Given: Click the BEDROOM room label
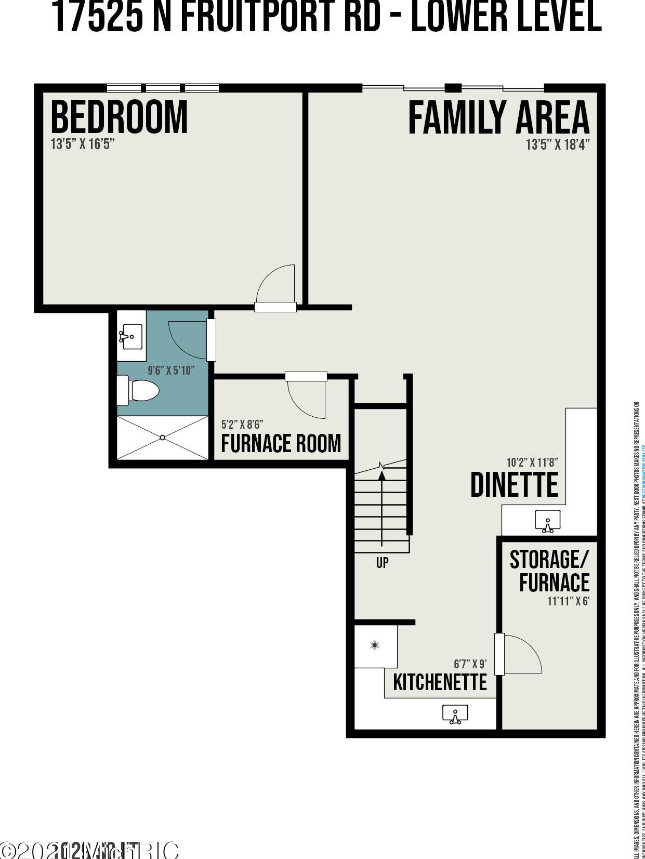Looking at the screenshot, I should click(x=119, y=117).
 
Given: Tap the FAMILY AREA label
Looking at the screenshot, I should click(x=498, y=118).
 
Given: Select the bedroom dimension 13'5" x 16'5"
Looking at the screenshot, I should click(x=82, y=144).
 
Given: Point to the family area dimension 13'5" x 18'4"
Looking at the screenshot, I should click(x=558, y=144).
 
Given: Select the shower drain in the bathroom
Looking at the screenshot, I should click(x=163, y=438).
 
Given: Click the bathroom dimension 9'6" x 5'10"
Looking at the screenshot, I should click(x=171, y=371).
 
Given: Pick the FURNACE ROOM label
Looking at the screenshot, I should click(x=281, y=443).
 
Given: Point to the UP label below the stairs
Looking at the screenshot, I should click(x=382, y=562).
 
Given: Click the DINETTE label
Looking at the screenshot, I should click(x=514, y=485).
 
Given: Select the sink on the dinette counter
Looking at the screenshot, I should click(x=548, y=521).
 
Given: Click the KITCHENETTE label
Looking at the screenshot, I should click(x=440, y=682).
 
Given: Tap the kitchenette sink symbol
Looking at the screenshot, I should click(x=455, y=715).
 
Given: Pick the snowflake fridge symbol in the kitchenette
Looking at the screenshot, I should click(x=375, y=645).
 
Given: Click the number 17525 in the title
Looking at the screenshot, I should click(x=97, y=17).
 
